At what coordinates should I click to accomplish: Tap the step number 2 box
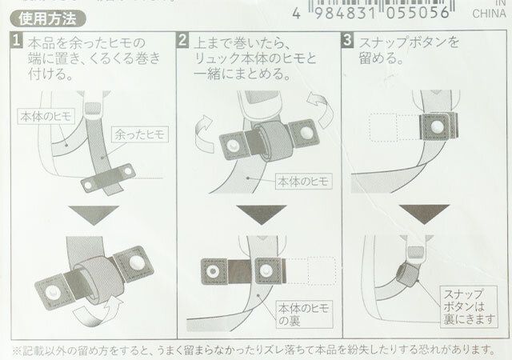[182, 41]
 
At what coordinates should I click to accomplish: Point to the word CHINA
[488, 14]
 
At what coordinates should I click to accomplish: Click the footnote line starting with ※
[256, 349]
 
